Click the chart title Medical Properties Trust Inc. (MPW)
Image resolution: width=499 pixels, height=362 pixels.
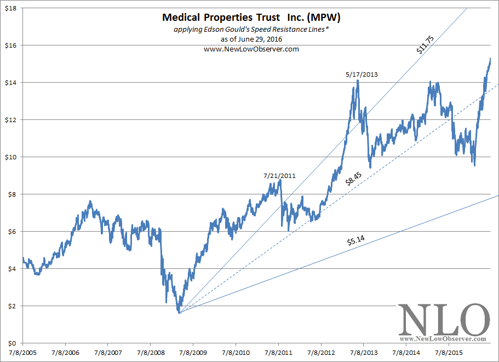pyautogui.click(x=251, y=18)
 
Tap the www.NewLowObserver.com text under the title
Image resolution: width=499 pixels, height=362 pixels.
pyautogui.click(x=251, y=49)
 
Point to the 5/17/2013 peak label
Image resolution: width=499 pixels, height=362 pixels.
pyautogui.click(x=362, y=74)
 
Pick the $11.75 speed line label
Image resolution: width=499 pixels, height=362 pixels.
pyautogui.click(x=424, y=45)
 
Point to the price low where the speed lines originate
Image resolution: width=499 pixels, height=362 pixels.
pyautogui.click(x=179, y=312)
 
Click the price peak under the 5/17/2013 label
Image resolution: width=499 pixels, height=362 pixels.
pyautogui.click(x=358, y=81)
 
